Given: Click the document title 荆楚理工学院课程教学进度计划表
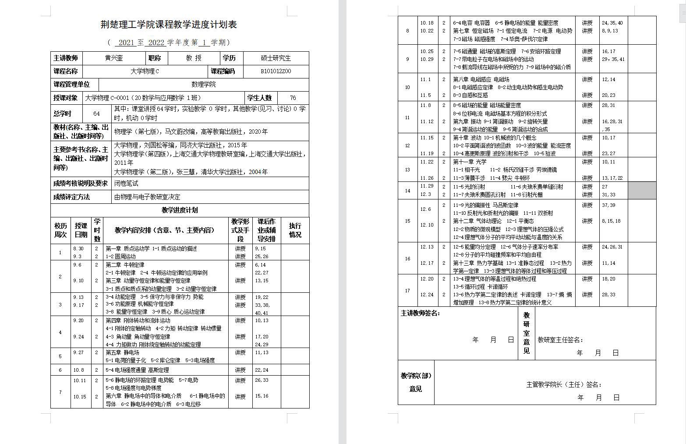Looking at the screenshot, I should click(x=169, y=25).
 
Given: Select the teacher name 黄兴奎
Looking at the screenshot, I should click(x=114, y=58).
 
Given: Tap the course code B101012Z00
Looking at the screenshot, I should click(x=276, y=71).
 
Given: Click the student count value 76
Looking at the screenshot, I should click(x=293, y=98).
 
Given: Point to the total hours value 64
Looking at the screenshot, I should click(x=96, y=114).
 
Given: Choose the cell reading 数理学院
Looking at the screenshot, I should click(x=204, y=85).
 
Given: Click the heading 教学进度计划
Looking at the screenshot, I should click(x=180, y=210).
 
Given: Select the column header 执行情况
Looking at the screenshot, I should click(x=295, y=231).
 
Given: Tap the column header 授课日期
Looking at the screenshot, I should click(x=81, y=231).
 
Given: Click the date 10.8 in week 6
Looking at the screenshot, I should click(x=79, y=370).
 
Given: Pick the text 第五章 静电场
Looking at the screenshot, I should click(x=122, y=352).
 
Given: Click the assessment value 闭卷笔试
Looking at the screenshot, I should click(x=126, y=184).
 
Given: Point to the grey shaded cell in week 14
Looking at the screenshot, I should click(x=642, y=191).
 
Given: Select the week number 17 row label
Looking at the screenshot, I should click(x=407, y=291).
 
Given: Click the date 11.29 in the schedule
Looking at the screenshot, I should click(x=427, y=186).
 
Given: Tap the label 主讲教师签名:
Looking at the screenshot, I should click(x=420, y=313).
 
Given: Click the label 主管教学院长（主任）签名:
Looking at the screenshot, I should click(x=563, y=385).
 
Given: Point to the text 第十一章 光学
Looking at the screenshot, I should click(x=470, y=162).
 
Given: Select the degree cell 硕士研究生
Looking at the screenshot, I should click(x=276, y=58).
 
